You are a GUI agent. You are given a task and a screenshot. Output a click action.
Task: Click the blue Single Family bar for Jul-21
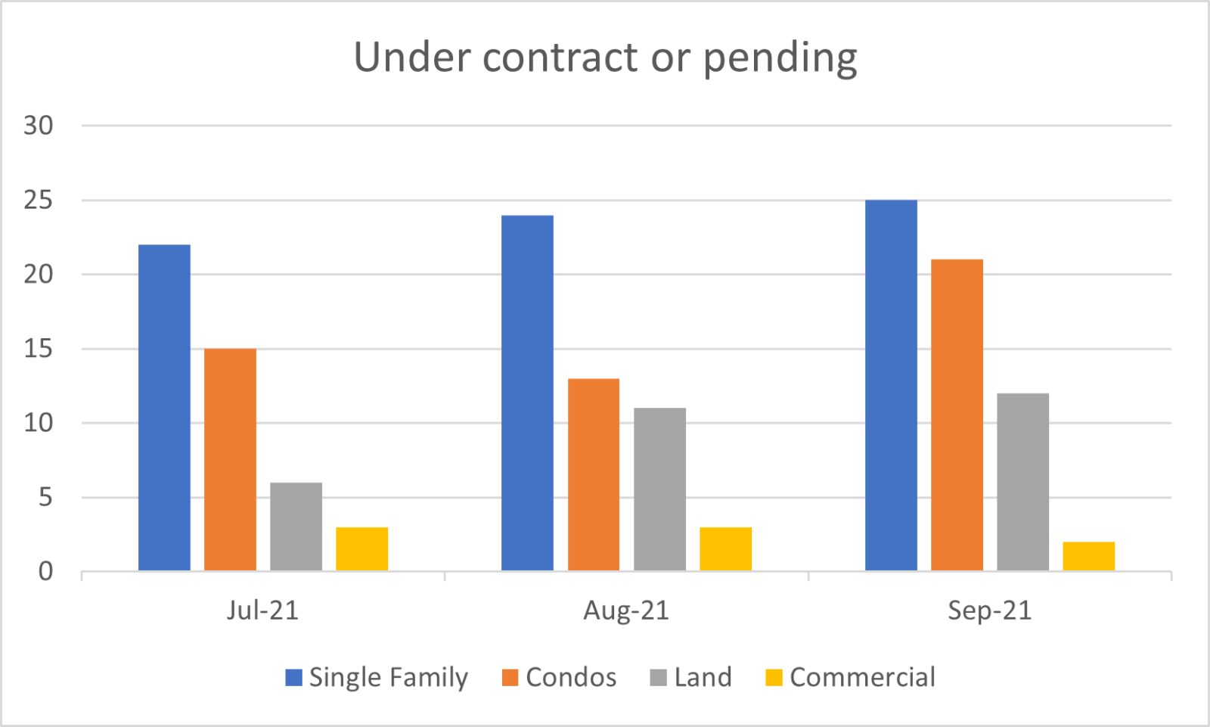click(x=164, y=408)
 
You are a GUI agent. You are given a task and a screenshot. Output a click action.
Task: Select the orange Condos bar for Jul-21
click(x=230, y=459)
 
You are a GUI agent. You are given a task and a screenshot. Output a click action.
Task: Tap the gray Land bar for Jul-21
click(x=296, y=527)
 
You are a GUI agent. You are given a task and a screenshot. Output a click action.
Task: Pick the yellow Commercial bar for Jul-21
click(x=361, y=548)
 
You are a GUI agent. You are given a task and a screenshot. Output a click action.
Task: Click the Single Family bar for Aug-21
click(x=527, y=393)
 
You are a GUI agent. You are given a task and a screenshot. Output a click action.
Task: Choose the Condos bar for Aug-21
click(x=594, y=474)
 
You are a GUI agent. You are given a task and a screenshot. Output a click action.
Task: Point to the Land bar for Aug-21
click(x=659, y=489)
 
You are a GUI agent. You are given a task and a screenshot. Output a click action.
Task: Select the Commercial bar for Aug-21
click(x=725, y=548)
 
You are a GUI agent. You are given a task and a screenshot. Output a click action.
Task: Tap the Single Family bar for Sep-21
click(x=891, y=385)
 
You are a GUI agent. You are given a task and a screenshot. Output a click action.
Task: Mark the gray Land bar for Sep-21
click(x=1022, y=482)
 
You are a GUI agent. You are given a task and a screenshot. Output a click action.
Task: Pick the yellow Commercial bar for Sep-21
click(x=1088, y=556)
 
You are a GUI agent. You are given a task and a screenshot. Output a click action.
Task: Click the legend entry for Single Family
click(x=377, y=677)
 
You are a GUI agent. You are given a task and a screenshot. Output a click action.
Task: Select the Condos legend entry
click(x=560, y=677)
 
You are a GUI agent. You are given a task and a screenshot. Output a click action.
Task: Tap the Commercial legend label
click(x=862, y=677)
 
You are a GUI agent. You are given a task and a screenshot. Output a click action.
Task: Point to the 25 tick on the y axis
click(x=38, y=200)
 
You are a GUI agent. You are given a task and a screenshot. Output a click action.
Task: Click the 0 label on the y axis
click(x=45, y=572)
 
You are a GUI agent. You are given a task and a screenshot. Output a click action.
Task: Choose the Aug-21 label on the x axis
click(x=626, y=610)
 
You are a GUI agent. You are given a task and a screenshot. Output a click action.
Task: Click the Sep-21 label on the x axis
click(x=989, y=610)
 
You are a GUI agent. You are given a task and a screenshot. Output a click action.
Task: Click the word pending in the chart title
click(x=780, y=58)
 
